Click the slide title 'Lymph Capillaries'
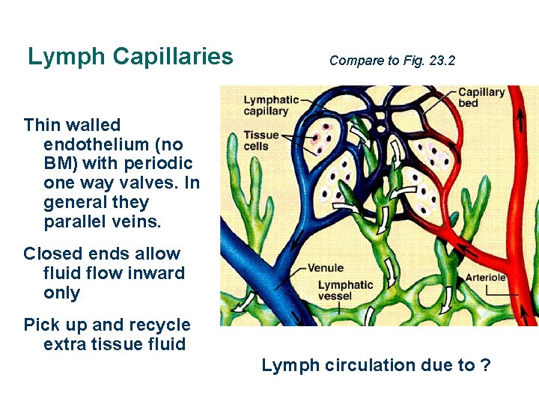point(130,56)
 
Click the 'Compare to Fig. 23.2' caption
point(392,61)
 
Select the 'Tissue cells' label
point(261,141)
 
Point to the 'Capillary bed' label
point(481,98)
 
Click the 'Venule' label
point(326,268)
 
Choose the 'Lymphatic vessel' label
point(345,290)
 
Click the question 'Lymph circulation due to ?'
point(376,365)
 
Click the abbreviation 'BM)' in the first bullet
point(60,163)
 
